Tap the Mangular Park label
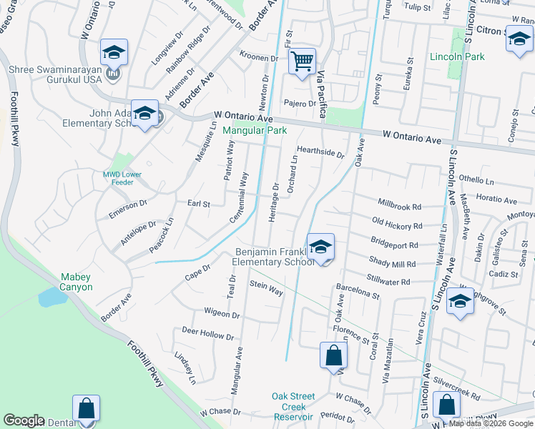click(254, 131)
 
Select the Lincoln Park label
click(457, 56)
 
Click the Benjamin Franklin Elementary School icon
click(321, 247)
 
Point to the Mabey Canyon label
click(75, 282)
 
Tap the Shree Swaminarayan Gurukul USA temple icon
click(113, 73)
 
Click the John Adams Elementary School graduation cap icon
click(144, 113)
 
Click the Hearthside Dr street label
click(321, 152)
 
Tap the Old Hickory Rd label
click(397, 226)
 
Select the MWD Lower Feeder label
click(122, 178)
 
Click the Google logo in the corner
click(24, 420)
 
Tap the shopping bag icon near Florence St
click(334, 355)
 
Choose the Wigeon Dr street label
click(221, 313)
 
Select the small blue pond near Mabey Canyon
click(52, 297)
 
